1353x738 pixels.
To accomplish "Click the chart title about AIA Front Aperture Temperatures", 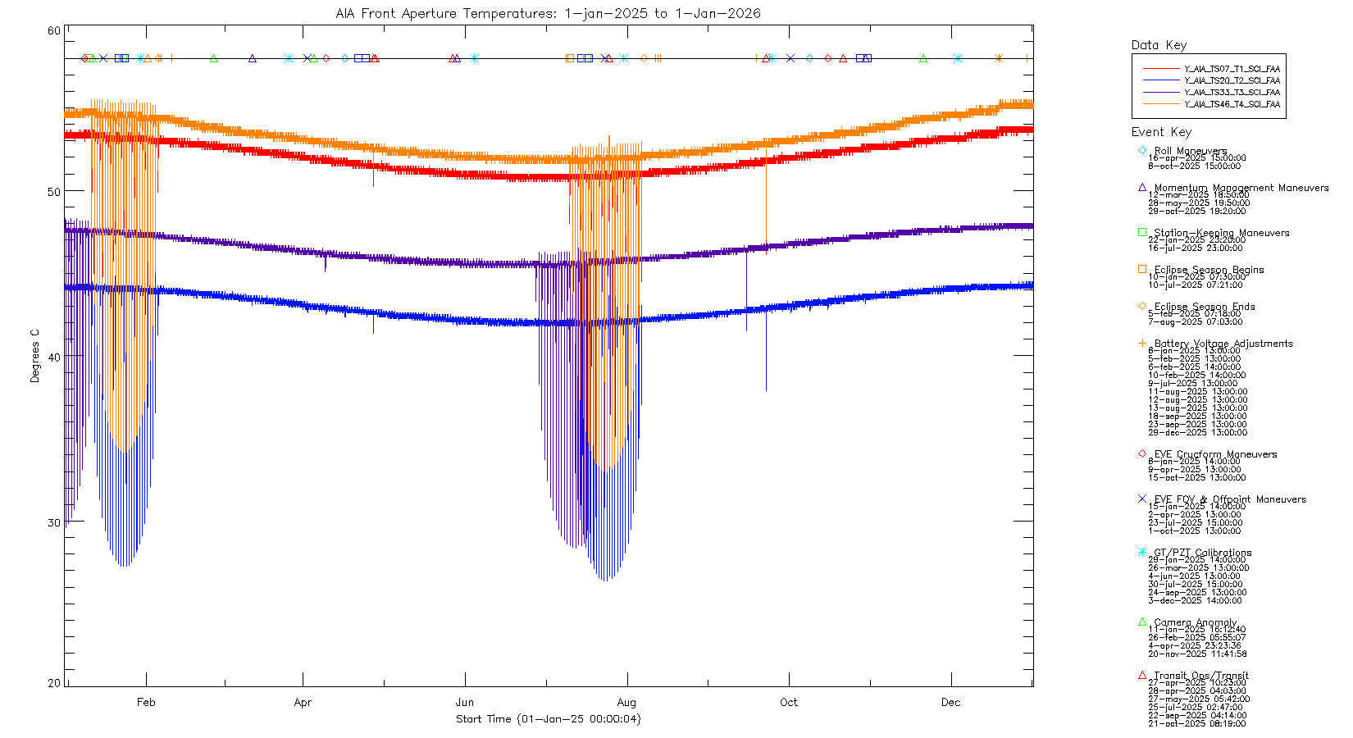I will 548,13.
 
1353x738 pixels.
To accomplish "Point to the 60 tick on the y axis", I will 53,31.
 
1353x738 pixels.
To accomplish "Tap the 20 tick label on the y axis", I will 53,682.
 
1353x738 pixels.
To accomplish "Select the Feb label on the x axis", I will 146,702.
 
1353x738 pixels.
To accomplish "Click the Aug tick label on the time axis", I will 626,702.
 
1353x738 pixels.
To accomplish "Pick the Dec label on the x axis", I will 950,702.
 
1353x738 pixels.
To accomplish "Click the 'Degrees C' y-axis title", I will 34,356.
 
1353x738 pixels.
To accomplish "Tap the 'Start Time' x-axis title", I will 548,719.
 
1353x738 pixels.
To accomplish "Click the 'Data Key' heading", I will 1159,45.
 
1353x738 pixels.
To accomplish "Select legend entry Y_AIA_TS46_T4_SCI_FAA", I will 1232,104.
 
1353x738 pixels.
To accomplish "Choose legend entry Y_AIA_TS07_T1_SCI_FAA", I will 1232,69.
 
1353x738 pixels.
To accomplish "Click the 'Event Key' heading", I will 1161,132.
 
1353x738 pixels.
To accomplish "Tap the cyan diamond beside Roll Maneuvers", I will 1142,150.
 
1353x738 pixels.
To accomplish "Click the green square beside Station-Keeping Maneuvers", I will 1142,232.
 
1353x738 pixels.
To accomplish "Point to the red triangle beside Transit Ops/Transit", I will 1142,675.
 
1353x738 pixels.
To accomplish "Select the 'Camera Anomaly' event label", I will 1196,622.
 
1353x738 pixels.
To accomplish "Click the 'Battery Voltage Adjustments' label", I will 1223,344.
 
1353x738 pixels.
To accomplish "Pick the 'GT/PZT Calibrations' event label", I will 1202,553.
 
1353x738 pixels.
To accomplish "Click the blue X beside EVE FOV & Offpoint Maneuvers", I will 1142,499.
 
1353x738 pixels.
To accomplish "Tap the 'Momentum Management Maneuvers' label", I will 1241,188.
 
